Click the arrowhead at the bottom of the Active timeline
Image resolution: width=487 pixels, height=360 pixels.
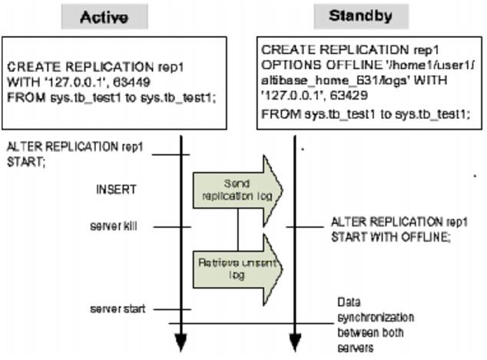(x=181, y=342)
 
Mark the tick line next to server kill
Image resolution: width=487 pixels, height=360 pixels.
(x=171, y=226)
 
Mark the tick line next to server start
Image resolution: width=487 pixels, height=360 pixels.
(x=171, y=309)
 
